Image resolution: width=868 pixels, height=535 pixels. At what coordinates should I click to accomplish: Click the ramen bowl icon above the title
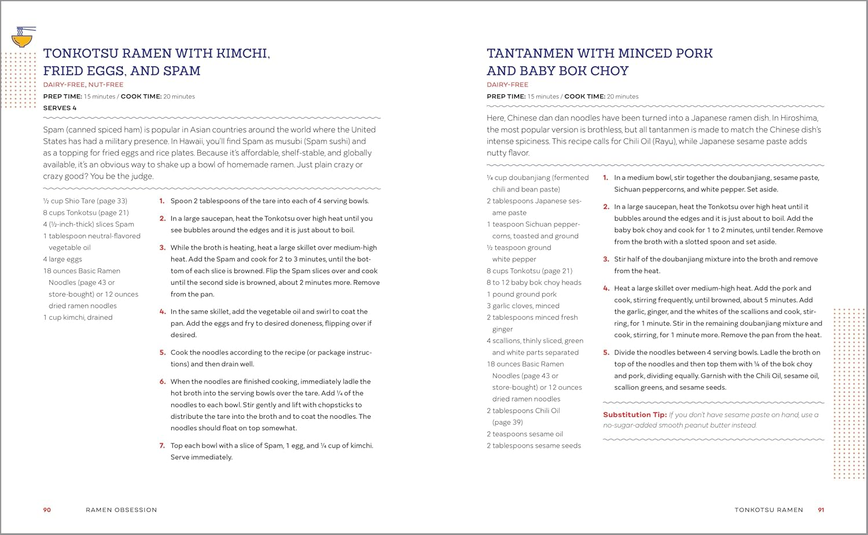pos(23,38)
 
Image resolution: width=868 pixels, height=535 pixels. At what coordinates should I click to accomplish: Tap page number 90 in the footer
pos(47,510)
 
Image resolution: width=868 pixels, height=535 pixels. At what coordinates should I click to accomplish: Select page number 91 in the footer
pos(821,510)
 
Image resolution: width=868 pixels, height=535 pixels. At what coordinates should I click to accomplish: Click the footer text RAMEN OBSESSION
pos(122,510)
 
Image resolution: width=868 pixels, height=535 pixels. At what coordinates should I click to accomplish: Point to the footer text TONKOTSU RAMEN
pos(768,510)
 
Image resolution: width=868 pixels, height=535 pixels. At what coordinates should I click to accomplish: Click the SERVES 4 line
pos(60,108)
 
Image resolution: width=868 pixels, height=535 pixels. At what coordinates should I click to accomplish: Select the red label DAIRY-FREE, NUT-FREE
pos(83,84)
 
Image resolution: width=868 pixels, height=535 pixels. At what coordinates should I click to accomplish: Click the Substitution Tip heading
pos(634,415)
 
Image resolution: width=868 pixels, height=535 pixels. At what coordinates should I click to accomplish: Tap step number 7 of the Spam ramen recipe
pos(162,445)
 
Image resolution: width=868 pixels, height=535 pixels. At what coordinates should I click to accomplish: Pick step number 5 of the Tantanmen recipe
pos(606,352)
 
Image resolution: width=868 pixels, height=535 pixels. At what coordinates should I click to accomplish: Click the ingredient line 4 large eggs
pos(62,259)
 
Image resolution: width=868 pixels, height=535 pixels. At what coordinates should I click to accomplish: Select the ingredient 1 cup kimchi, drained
pos(78,318)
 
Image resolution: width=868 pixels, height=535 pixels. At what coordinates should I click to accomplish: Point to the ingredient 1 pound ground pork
pos(521,294)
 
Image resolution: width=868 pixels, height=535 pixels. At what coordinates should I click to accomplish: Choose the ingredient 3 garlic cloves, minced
pos(523,306)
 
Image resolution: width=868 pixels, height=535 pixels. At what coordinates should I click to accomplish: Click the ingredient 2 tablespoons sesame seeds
pos(534,445)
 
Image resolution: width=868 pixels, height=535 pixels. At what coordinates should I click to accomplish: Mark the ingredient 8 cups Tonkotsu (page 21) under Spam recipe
pos(86,213)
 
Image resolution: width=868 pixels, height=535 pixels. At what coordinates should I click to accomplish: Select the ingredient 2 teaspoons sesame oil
pos(525,434)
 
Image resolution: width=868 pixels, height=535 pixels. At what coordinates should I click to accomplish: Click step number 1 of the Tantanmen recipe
pos(606,178)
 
